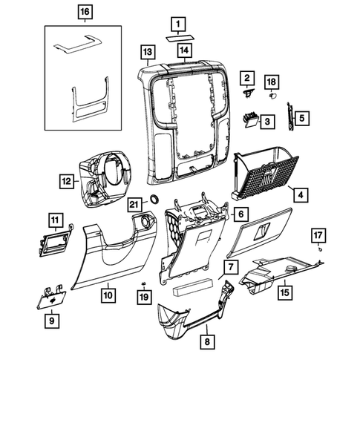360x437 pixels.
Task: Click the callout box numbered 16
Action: pos(86,13)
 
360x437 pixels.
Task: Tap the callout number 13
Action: pos(148,51)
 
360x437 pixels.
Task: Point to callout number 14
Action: pos(184,51)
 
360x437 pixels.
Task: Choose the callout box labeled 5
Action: pos(301,117)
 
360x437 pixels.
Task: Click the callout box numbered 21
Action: pos(134,205)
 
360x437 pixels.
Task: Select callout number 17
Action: pos(318,236)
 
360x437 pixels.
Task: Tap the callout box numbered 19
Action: pos(143,297)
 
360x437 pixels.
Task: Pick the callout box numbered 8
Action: pos(207,342)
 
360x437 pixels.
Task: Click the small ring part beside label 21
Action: pos(157,199)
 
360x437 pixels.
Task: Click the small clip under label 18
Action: pos(271,96)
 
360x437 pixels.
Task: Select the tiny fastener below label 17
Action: pos(319,251)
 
